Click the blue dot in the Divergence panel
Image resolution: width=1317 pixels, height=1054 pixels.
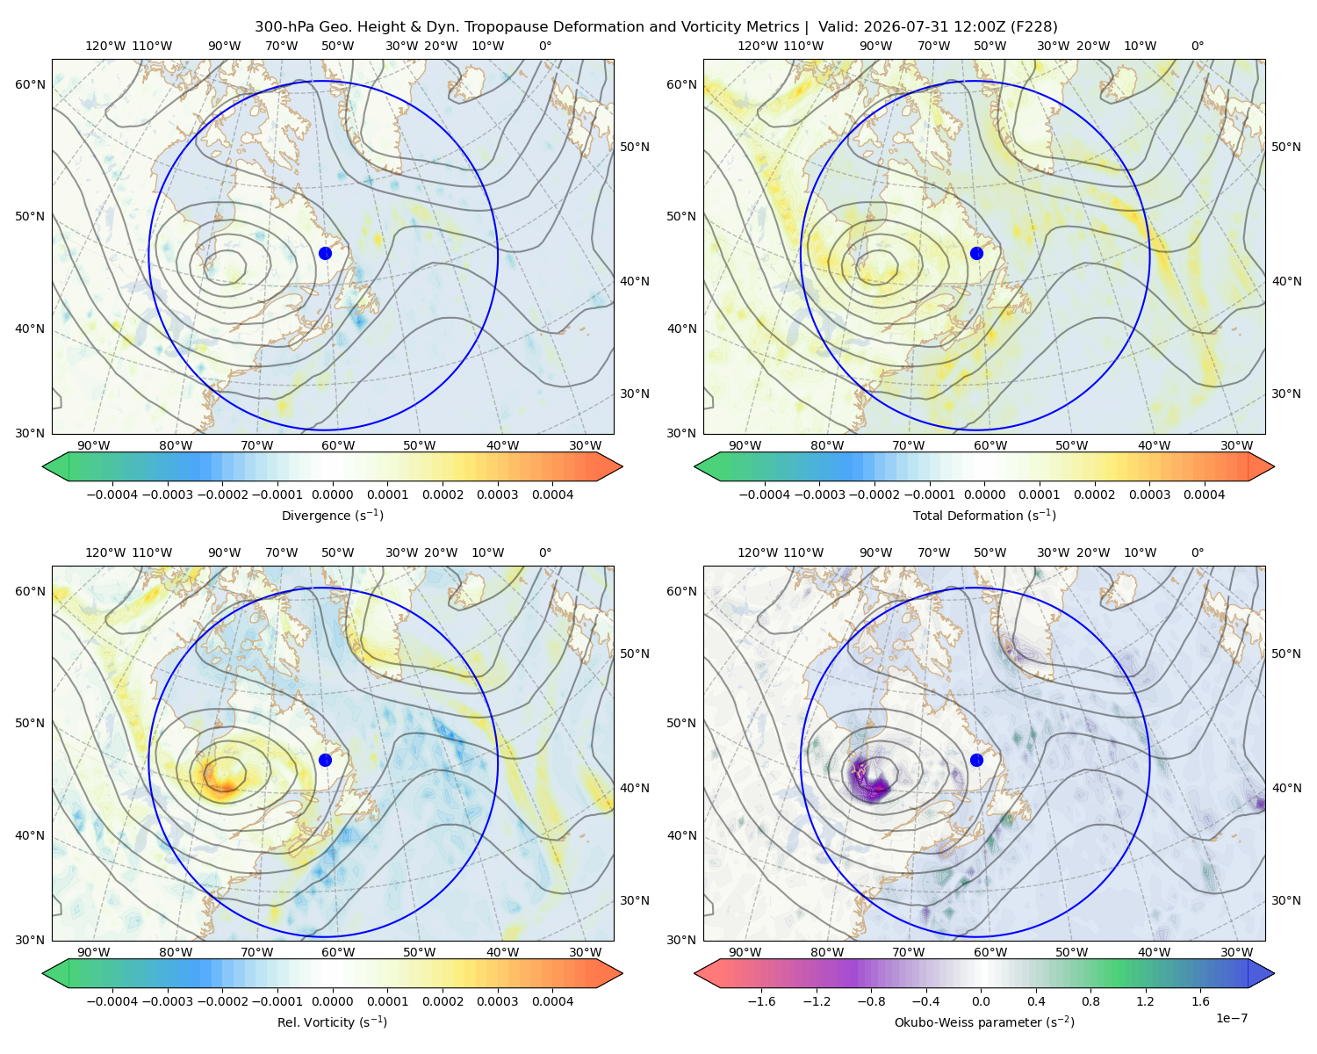click(325, 253)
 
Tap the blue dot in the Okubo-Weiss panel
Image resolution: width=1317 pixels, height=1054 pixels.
click(976, 760)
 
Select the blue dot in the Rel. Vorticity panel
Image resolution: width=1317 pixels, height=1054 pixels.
click(325, 760)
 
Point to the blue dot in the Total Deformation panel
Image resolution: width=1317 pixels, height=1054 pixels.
click(976, 253)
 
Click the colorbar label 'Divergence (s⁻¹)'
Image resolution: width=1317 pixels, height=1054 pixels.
click(332, 515)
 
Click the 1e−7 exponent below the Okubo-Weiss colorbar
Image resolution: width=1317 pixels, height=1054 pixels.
click(1231, 1018)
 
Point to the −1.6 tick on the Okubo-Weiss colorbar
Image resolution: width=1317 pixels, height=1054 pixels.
click(761, 1000)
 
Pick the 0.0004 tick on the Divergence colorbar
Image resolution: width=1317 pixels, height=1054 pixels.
click(552, 495)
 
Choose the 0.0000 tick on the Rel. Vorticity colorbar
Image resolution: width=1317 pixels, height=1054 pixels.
click(332, 1000)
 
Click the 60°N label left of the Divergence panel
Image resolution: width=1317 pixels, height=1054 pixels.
click(30, 84)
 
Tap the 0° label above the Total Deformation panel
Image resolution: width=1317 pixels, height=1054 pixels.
click(1197, 46)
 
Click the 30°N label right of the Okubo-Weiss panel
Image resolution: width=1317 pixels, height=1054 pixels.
click(1286, 900)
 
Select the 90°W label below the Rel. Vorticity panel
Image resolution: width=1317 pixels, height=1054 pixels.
click(94, 952)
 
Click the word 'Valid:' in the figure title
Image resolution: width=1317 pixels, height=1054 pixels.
click(838, 27)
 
